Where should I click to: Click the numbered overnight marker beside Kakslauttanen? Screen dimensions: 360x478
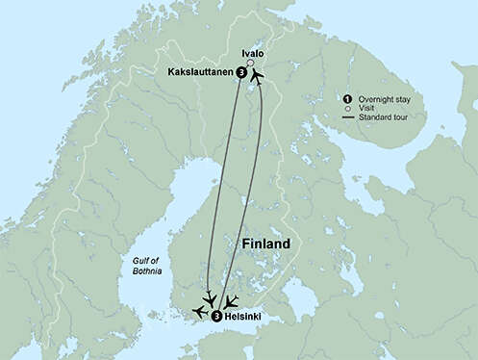click(x=240, y=71)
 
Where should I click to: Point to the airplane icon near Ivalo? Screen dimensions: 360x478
click(x=257, y=72)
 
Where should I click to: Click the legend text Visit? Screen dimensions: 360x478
click(x=366, y=110)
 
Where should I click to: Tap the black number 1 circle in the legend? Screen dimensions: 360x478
click(x=346, y=99)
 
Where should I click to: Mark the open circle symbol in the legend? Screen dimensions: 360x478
click(x=346, y=110)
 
